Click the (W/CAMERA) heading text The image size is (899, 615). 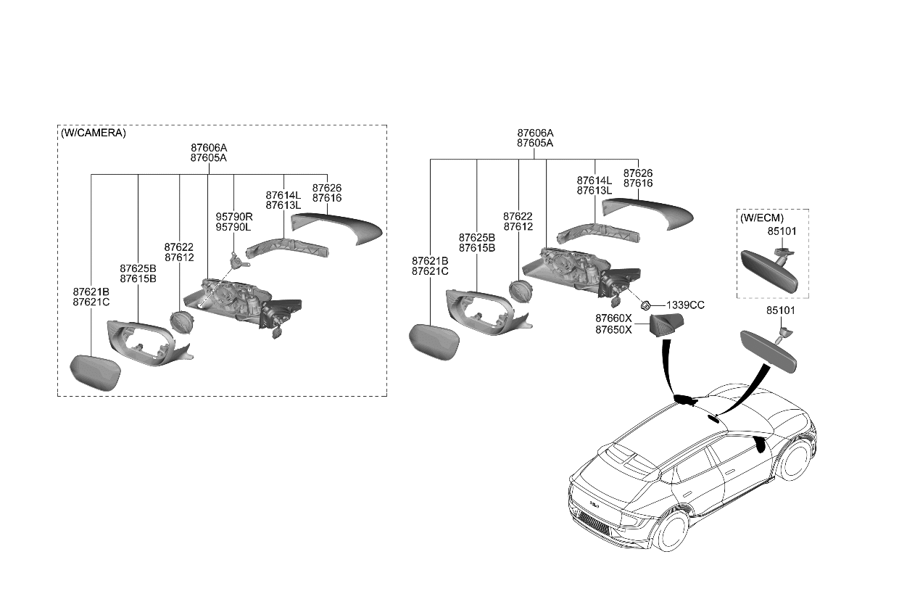(x=93, y=133)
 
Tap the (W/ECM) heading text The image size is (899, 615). (x=761, y=218)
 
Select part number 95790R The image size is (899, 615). (x=233, y=216)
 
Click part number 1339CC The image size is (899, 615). (x=685, y=305)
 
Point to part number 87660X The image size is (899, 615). (x=613, y=318)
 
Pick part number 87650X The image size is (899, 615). (x=613, y=329)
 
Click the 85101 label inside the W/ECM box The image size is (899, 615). (x=782, y=231)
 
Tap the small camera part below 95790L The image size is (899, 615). (x=235, y=259)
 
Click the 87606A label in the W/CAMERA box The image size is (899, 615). (x=209, y=147)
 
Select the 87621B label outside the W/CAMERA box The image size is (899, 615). (x=430, y=261)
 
